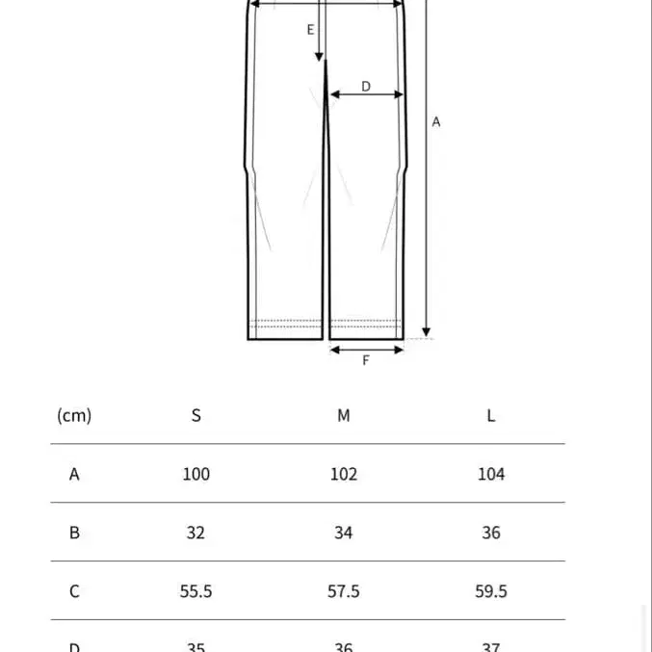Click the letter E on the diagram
[x=311, y=30]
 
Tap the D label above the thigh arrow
[x=366, y=86]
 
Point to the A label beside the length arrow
[x=435, y=122]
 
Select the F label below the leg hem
[x=366, y=360]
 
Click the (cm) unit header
[x=74, y=415]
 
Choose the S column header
[x=196, y=415]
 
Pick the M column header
[x=344, y=415]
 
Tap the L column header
[x=491, y=415]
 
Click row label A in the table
[x=74, y=474]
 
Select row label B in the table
[x=74, y=533]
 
